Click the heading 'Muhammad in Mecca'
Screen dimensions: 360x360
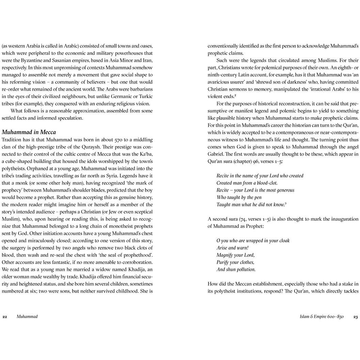coord(29,132)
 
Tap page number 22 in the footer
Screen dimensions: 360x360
coord(5,316)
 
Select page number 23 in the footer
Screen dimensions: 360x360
coord(355,316)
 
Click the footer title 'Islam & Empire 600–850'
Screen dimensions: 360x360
coord(322,316)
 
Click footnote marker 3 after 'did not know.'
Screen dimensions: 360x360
coord(285,204)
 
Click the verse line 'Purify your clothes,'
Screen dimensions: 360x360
coord(235,262)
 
